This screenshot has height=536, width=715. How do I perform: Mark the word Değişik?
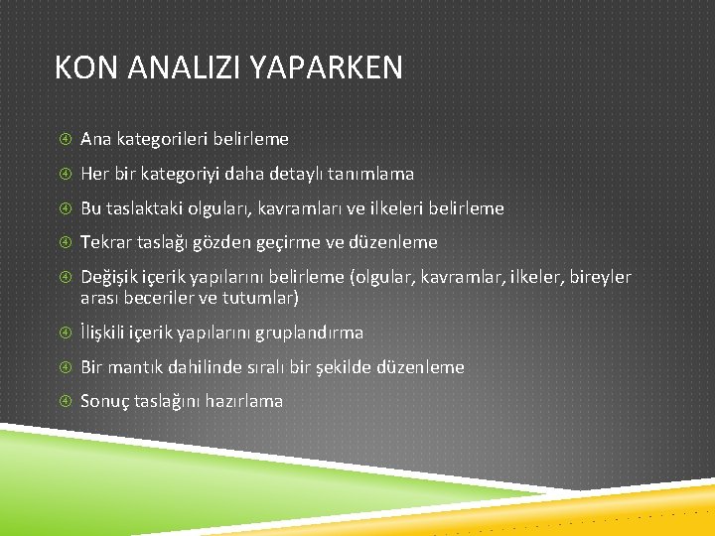coord(111,277)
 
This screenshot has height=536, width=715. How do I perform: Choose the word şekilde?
coord(338,367)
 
